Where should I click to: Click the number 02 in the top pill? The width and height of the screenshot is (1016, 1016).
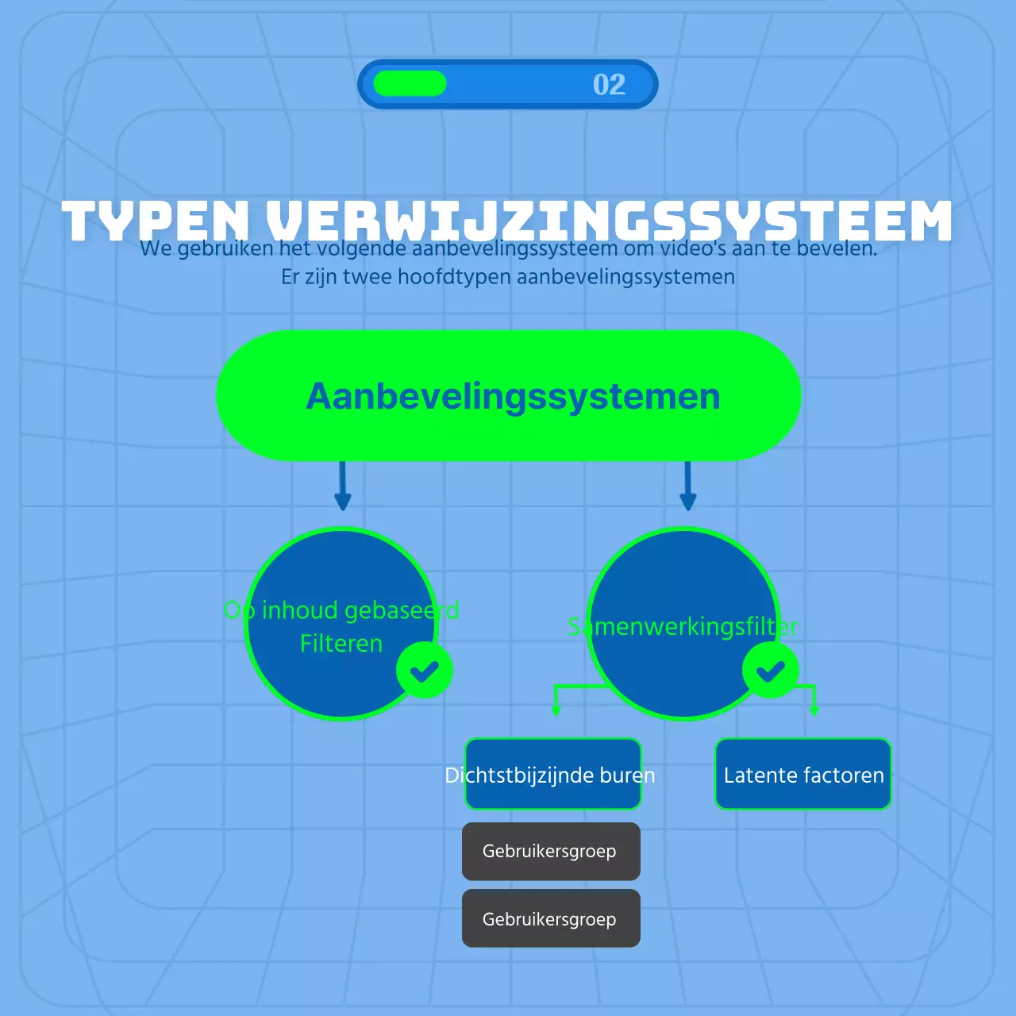click(609, 84)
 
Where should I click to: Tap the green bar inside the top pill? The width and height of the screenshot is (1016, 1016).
click(410, 83)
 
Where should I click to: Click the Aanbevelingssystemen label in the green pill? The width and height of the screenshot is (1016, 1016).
click(513, 396)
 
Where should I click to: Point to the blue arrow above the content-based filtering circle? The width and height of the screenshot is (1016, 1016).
click(343, 486)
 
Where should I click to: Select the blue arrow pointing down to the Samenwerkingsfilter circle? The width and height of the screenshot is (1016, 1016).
click(688, 486)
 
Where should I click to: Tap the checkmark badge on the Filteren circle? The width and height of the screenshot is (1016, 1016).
click(425, 671)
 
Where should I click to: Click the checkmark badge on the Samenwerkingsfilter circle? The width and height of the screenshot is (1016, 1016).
click(770, 671)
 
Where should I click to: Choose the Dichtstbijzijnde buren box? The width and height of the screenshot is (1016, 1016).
click(552, 775)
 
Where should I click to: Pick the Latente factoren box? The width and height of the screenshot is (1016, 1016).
click(803, 775)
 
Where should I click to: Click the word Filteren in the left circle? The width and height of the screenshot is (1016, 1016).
click(341, 643)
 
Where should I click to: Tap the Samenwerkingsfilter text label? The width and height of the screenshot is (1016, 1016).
click(683, 626)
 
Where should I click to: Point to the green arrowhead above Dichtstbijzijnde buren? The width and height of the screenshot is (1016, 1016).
click(556, 709)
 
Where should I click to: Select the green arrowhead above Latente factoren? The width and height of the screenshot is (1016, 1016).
click(814, 709)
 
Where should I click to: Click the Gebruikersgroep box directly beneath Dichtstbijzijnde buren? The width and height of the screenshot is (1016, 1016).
click(551, 851)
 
